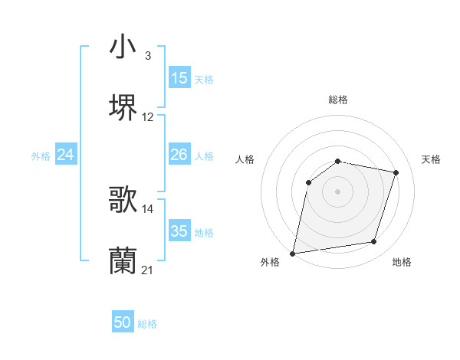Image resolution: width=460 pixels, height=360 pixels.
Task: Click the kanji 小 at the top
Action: [123, 47]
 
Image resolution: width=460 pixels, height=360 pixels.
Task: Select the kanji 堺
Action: [123, 108]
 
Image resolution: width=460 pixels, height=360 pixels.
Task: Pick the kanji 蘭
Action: [123, 260]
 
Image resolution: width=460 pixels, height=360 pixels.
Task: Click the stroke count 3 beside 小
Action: [147, 56]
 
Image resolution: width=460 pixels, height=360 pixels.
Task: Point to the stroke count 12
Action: [148, 117]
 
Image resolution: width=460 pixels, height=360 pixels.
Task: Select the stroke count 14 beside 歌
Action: [148, 208]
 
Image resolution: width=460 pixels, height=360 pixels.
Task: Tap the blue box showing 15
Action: [179, 78]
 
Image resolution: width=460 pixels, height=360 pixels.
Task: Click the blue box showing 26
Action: [179, 155]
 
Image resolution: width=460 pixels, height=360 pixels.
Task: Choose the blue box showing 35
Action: [179, 231]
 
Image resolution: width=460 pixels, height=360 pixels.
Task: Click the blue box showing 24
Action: [65, 155]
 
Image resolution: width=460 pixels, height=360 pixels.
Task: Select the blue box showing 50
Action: [123, 322]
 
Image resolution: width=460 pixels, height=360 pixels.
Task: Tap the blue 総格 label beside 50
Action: [148, 324]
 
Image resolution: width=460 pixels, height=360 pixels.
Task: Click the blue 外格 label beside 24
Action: [41, 156]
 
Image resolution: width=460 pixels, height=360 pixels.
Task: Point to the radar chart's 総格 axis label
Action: [338, 100]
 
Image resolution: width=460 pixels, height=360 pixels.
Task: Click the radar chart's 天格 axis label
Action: [432, 159]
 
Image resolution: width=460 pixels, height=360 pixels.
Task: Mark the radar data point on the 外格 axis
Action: [293, 253]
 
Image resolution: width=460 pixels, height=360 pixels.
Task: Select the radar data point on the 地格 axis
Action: [374, 242]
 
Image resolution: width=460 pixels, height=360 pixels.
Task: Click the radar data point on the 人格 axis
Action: [309, 182]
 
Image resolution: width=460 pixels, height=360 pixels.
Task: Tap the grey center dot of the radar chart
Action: [338, 191]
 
